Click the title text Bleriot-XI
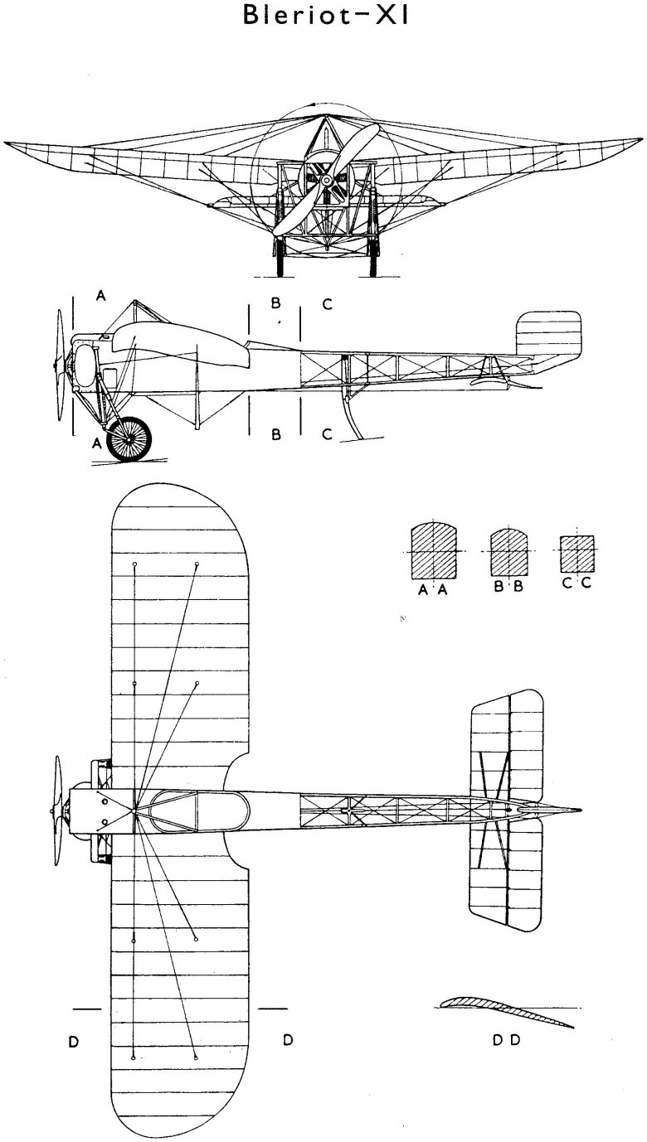tap(326, 14)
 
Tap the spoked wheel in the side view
tap(129, 439)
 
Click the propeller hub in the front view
tap(324, 180)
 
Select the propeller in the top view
tap(58, 811)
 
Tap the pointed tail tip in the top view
tap(581, 811)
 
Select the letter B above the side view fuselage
tap(276, 302)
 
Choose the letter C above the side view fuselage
tap(328, 304)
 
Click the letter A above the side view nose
tap(101, 295)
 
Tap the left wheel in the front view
tap(280, 258)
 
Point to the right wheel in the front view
tap(376, 258)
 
